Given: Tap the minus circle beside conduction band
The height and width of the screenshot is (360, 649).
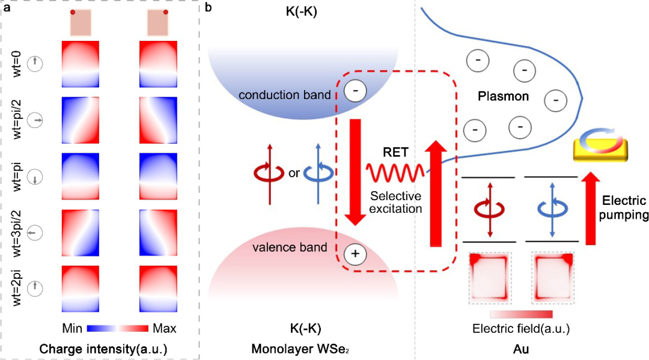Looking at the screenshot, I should coord(355,91).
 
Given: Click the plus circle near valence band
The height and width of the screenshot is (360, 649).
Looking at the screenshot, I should coord(355,254).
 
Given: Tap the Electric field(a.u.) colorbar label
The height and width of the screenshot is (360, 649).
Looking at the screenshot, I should coord(520,329).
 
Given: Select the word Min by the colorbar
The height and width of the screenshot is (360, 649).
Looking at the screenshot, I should coord(73,329).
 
